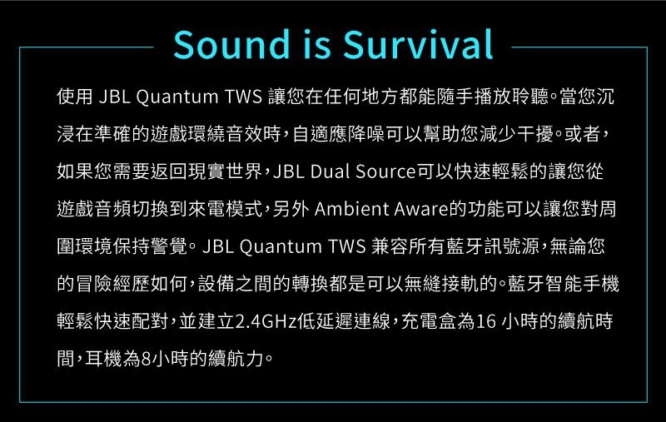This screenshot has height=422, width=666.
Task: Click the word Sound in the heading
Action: coord(231,44)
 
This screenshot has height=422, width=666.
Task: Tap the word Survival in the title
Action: coord(418,44)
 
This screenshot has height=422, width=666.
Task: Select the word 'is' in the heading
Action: coord(316,44)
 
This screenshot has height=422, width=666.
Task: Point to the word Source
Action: coord(385,171)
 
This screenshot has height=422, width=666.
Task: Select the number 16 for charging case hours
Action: coord(485,321)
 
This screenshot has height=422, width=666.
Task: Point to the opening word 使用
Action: coord(75,97)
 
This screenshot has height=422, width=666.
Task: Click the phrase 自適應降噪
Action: coord(339,134)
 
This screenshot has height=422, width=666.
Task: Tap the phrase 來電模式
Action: coord(225,209)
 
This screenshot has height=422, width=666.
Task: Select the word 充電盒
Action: coord(429,321)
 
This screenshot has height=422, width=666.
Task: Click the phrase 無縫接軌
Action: coord(441,284)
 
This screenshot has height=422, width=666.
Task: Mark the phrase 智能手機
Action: coord(582,284)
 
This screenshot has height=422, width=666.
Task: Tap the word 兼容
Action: coord(390,246)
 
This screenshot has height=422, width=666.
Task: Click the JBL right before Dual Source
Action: coord(288,171)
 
